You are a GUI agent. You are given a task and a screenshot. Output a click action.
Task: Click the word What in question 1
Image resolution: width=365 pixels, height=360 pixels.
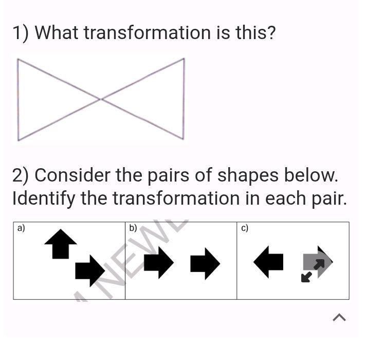click(x=57, y=33)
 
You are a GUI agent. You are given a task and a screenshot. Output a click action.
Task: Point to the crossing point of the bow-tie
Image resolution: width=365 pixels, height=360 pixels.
click(x=101, y=99)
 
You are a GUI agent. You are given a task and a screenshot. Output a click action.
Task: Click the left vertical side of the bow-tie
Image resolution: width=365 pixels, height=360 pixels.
click(x=18, y=99)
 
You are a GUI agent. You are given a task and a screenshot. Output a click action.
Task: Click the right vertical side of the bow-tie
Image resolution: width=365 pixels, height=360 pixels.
click(x=184, y=99)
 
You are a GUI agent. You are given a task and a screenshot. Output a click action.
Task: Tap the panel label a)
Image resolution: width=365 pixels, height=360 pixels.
click(x=21, y=228)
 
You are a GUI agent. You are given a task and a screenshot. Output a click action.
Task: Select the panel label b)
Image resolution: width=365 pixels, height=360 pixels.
click(x=133, y=228)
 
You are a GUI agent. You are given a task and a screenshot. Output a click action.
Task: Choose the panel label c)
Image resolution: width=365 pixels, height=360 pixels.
click(x=245, y=228)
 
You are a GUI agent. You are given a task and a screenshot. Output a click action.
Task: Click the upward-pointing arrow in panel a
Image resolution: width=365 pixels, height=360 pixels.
click(x=61, y=243)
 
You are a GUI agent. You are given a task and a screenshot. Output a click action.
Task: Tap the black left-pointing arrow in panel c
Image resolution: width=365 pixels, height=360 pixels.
click(x=269, y=262)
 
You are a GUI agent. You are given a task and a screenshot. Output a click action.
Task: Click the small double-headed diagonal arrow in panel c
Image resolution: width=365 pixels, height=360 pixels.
click(x=313, y=271)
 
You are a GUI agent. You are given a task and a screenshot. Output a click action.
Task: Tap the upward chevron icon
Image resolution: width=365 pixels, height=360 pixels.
click(x=339, y=318)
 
